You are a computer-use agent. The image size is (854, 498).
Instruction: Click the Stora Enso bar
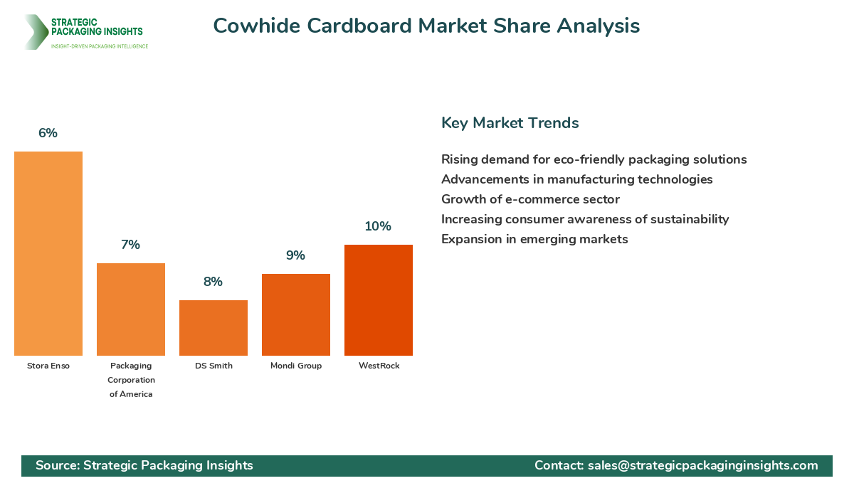click(x=48, y=253)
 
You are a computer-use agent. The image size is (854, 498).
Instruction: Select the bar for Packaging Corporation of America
click(x=131, y=309)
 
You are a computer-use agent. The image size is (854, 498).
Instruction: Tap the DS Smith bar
click(x=213, y=328)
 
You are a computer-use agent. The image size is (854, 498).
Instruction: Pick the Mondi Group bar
click(x=296, y=314)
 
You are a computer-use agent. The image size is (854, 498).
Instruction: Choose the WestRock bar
click(x=379, y=300)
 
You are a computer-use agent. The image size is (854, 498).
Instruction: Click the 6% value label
click(x=48, y=133)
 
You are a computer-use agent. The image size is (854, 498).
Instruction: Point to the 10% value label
click(x=378, y=226)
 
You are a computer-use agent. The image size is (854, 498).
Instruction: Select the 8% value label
click(x=213, y=282)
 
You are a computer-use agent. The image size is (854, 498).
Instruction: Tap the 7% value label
click(x=131, y=245)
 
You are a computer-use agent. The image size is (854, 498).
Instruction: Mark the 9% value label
click(x=296, y=255)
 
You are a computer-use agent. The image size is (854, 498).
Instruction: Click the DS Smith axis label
click(x=213, y=366)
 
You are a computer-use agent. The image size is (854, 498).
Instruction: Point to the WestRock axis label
click(x=379, y=366)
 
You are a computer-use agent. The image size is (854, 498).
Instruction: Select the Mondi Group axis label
click(x=296, y=366)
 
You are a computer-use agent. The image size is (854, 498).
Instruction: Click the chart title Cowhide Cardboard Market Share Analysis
click(x=426, y=26)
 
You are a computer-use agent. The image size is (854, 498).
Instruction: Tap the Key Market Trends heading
click(x=510, y=123)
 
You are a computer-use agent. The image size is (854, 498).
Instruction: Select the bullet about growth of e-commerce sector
click(x=530, y=199)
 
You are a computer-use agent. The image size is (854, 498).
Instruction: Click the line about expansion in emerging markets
click(x=534, y=239)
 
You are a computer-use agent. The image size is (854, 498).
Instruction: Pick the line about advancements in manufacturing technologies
click(x=576, y=179)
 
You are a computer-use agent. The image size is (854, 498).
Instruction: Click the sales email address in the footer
click(x=702, y=465)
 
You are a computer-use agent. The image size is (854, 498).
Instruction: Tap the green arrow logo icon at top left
click(x=34, y=32)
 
